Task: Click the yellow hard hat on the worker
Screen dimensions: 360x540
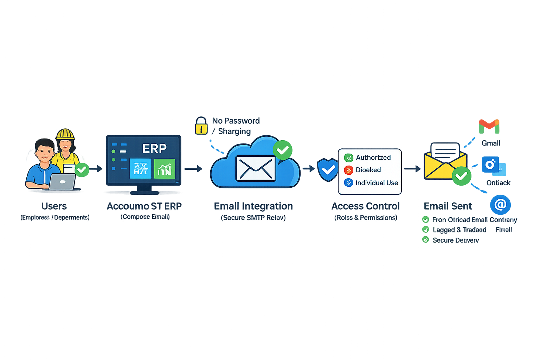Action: tap(65, 134)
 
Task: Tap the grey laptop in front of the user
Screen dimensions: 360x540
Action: tap(62, 181)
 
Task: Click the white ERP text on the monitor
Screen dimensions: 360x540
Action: tap(154, 149)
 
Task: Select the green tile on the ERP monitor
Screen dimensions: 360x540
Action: tap(165, 169)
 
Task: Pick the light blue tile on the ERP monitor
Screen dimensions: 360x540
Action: tap(141, 169)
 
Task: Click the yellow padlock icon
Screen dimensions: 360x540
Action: tap(201, 126)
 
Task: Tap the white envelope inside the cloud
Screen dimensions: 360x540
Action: tap(256, 168)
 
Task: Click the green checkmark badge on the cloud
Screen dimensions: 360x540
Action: tap(283, 150)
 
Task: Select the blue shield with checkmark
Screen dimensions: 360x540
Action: tap(328, 170)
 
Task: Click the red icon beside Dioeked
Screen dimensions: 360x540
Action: tap(348, 170)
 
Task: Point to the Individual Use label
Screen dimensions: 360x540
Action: tap(377, 183)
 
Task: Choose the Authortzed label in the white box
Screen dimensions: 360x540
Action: tap(373, 157)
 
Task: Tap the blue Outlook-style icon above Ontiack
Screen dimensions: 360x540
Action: tap(491, 165)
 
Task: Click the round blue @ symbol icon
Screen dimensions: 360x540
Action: tap(500, 205)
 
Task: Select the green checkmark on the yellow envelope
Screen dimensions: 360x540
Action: tap(461, 176)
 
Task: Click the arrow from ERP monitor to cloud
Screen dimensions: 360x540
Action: tap(193, 169)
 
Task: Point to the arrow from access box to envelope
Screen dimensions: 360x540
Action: tap(412, 169)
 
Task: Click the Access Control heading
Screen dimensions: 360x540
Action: tap(366, 206)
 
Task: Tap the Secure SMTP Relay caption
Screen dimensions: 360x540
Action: tap(253, 218)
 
